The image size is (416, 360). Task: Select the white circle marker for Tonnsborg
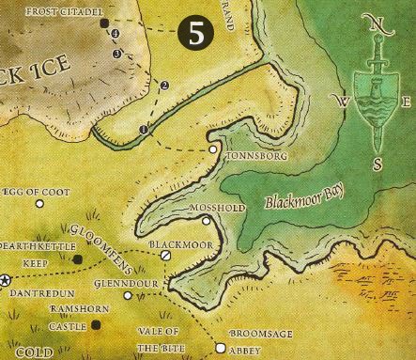coord(214,149)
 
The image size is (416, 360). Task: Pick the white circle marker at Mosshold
coord(207,220)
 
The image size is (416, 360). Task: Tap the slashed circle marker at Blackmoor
coord(165,254)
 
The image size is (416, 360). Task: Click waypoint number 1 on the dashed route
coord(144,127)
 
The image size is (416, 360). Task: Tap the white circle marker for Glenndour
coord(128,295)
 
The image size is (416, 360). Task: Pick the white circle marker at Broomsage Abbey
coord(222,345)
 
